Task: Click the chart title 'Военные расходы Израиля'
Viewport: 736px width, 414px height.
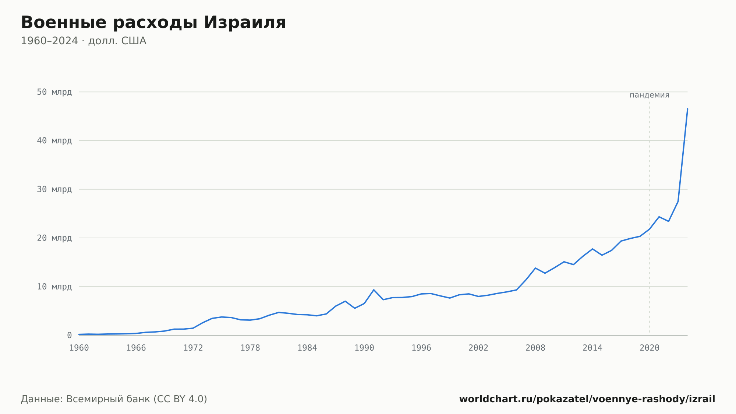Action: click(x=153, y=22)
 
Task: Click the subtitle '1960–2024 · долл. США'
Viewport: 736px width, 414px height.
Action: click(x=84, y=41)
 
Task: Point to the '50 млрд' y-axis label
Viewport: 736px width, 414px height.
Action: click(x=54, y=92)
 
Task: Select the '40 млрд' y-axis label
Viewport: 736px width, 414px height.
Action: click(x=54, y=141)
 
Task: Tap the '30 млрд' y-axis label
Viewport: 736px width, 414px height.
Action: click(x=54, y=189)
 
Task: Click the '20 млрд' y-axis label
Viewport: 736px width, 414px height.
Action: click(x=54, y=238)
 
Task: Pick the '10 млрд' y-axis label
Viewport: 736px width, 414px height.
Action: click(x=54, y=287)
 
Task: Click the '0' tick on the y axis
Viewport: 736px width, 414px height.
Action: click(x=69, y=335)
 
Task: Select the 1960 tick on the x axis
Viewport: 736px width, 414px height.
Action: click(x=79, y=348)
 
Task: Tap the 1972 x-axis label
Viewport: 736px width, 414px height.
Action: click(x=193, y=348)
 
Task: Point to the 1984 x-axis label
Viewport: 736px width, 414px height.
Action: click(x=307, y=348)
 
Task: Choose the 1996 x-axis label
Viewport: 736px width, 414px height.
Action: click(x=421, y=348)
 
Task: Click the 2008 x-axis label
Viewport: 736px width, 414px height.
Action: click(x=535, y=348)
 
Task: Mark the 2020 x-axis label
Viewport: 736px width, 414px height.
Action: click(x=650, y=348)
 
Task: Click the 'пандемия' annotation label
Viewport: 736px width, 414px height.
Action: click(x=650, y=95)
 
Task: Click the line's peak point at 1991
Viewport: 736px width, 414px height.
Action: click(x=374, y=290)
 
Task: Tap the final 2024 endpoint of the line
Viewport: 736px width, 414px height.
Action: click(x=687, y=109)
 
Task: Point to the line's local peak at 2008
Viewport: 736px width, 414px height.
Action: click(x=535, y=268)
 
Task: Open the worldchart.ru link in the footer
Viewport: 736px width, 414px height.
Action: click(x=587, y=399)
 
